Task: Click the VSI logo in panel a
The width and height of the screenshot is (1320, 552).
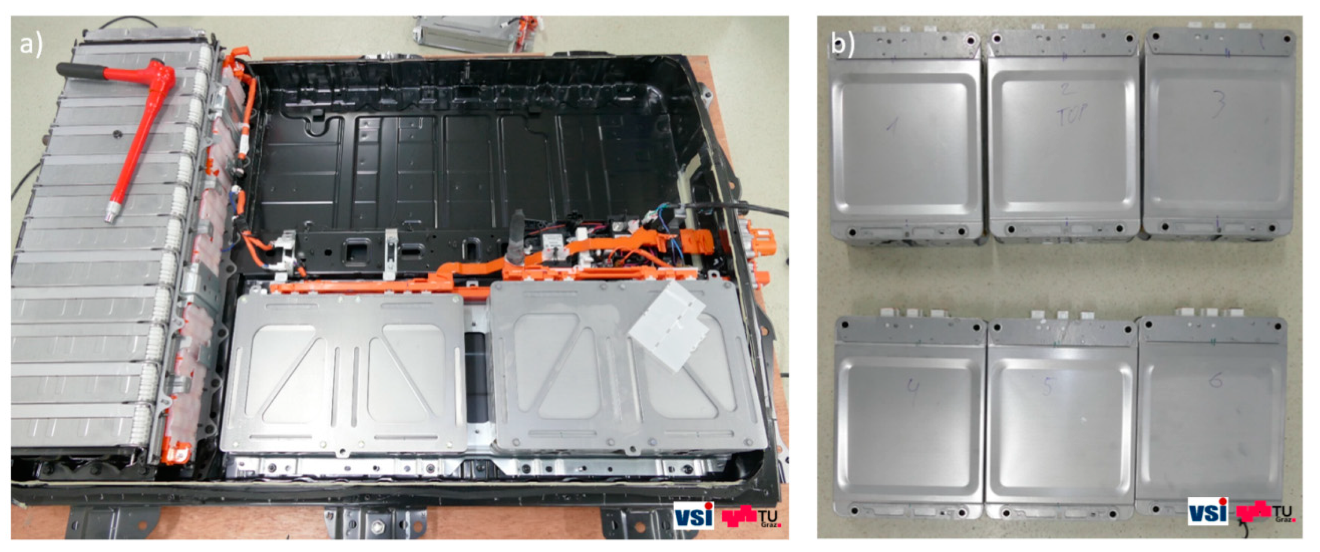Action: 693,515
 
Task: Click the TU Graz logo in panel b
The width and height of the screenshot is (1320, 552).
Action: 1265,512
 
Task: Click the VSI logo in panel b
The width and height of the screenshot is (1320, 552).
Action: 1208,511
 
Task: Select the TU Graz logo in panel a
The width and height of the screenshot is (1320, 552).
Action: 751,516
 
